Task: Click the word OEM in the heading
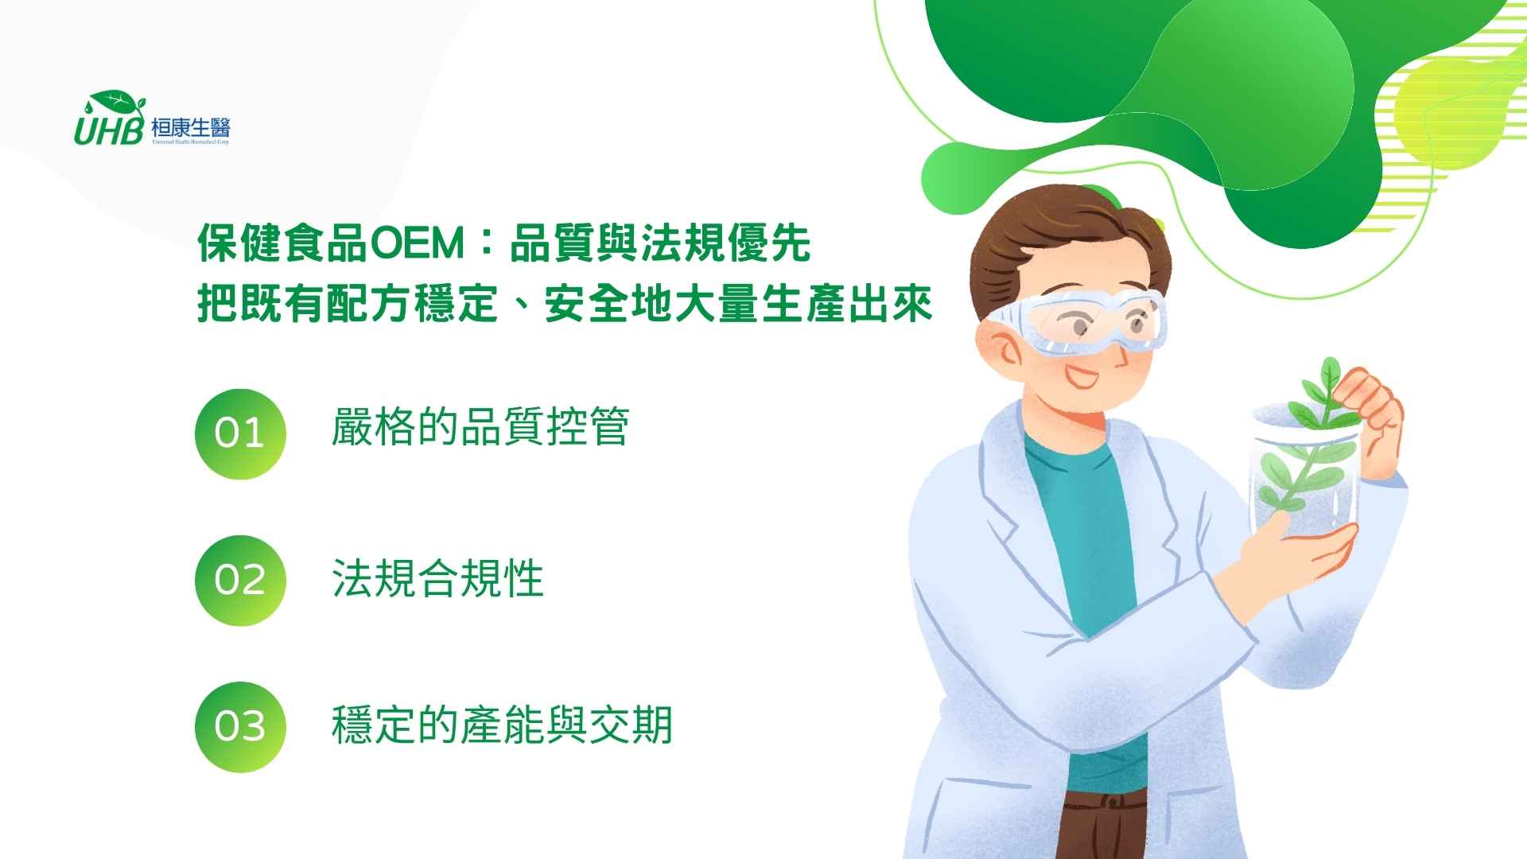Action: click(x=417, y=243)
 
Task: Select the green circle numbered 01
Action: click(x=239, y=433)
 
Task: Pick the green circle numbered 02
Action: click(x=239, y=580)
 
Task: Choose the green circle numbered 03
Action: click(x=239, y=726)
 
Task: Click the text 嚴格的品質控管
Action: click(x=480, y=427)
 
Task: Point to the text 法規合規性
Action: click(x=437, y=578)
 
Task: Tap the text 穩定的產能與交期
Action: click(x=502, y=725)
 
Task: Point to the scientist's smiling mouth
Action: click(x=1082, y=375)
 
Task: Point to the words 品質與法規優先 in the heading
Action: click(x=659, y=243)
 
